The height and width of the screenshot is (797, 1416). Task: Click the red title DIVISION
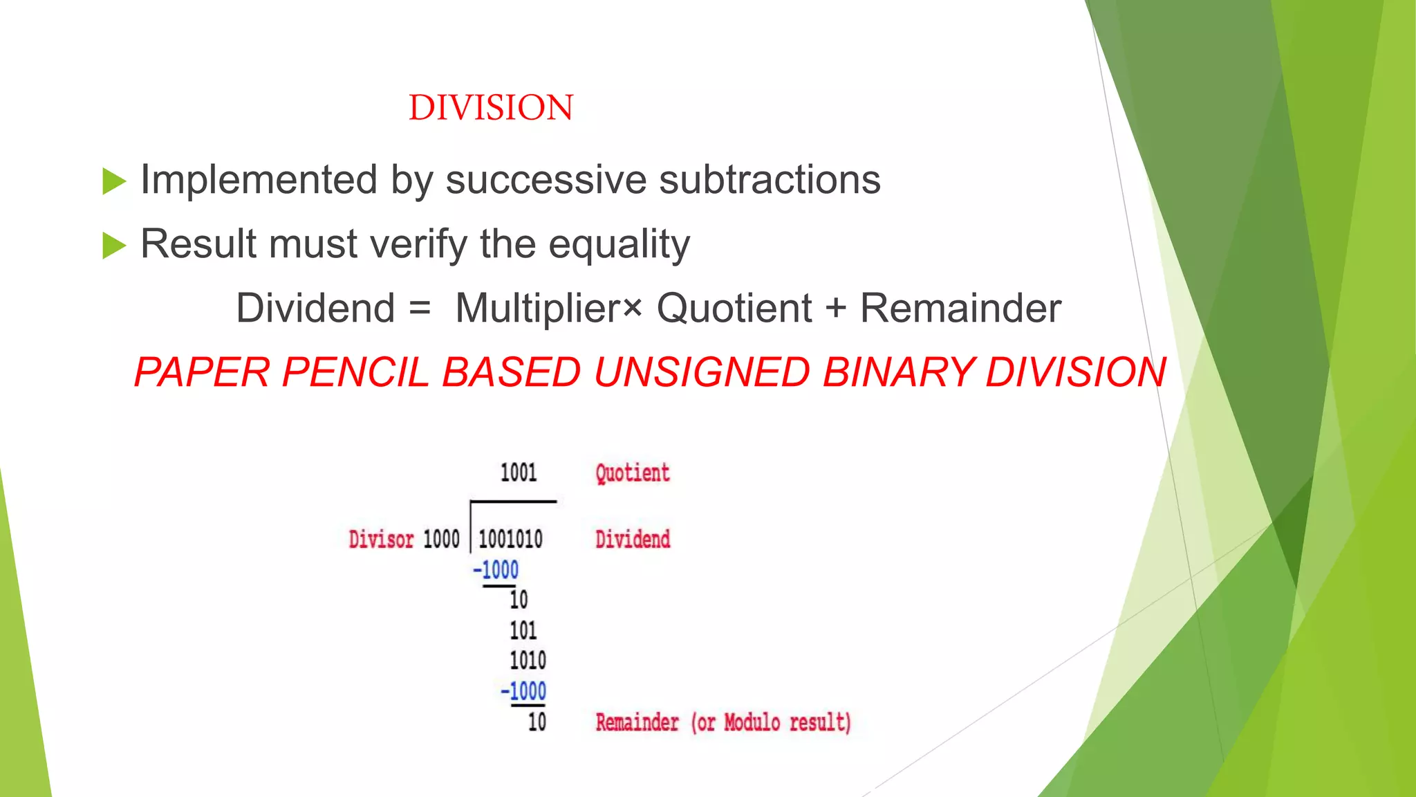point(491,108)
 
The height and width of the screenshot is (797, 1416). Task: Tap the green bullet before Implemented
point(114,181)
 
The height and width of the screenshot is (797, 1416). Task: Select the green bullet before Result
point(114,246)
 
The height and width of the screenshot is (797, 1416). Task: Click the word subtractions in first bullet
point(770,180)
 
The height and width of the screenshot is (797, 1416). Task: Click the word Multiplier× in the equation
point(548,309)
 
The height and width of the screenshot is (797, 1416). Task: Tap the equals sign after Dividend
point(420,309)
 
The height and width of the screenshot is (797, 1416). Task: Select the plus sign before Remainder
point(836,309)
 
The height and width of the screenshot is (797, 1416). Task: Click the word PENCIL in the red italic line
point(355,372)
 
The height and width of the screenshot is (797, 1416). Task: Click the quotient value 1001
point(519,473)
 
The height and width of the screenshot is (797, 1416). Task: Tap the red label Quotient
point(632,473)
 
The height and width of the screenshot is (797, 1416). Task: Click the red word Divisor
point(381,540)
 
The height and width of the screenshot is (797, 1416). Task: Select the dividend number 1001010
point(510,539)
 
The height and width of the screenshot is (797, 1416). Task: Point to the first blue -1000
point(496,570)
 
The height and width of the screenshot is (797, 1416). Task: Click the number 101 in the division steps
point(523,630)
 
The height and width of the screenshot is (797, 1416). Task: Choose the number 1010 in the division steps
point(528,661)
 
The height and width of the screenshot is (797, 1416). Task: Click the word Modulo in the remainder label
point(752,722)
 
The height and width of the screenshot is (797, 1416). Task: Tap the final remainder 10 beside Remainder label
point(537,722)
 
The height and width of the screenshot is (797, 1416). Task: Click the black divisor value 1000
point(441,540)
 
